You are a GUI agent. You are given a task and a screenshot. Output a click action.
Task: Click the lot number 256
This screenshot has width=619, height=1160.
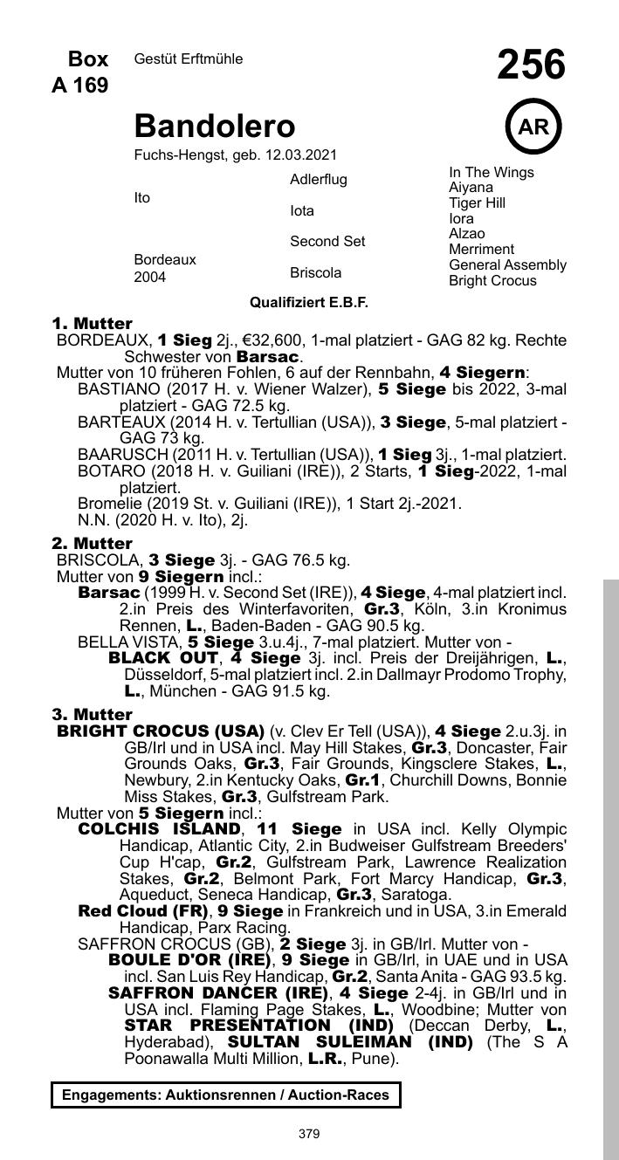click(531, 65)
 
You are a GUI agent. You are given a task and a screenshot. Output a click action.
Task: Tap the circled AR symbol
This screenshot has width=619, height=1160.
click(533, 127)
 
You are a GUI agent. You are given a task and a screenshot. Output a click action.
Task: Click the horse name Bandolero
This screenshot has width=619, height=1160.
click(214, 127)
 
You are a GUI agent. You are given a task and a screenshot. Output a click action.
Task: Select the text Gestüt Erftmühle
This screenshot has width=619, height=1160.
click(189, 59)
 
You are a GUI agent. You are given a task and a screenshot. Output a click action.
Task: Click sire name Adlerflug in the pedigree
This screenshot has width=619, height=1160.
click(318, 180)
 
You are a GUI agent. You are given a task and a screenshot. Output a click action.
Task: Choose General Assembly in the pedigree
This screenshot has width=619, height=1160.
click(507, 265)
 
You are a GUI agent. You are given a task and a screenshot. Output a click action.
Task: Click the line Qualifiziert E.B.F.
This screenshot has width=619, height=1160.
click(309, 303)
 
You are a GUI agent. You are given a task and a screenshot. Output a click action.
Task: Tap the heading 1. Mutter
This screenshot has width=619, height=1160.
click(92, 324)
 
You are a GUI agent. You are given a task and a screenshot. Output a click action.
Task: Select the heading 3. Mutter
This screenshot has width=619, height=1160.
click(92, 715)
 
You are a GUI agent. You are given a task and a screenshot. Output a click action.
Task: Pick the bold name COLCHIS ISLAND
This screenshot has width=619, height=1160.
click(159, 828)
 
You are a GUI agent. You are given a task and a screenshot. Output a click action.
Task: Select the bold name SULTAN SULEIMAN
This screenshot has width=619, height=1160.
click(349, 1043)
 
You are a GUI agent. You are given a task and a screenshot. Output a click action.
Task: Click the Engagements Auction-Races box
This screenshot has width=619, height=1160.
click(225, 1095)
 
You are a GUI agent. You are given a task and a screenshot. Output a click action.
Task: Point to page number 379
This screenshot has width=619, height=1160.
click(309, 1135)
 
